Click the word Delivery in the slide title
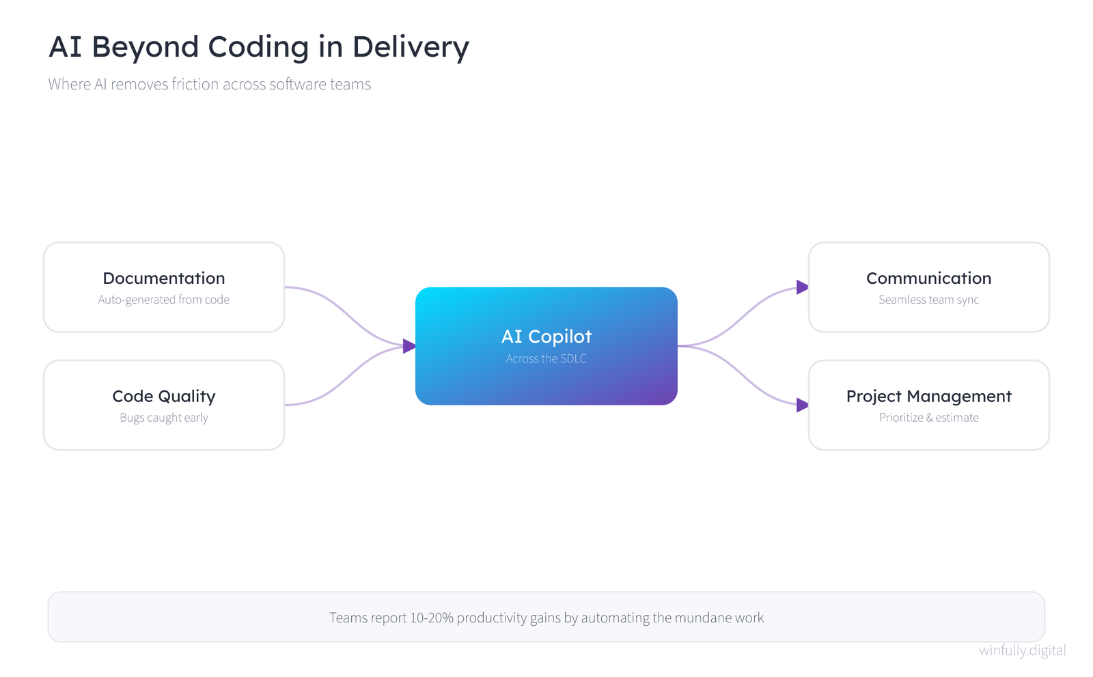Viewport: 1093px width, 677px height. [x=411, y=48]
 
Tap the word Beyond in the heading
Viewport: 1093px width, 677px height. [x=145, y=48]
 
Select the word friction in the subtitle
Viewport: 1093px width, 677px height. [x=195, y=84]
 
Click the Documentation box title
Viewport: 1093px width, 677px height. [x=164, y=278]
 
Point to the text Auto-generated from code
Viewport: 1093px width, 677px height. [x=164, y=300]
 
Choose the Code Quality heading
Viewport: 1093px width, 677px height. [x=164, y=397]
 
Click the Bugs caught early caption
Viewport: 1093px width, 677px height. [x=164, y=418]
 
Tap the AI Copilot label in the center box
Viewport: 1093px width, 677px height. [x=546, y=336]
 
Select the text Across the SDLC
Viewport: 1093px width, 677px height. [x=546, y=359]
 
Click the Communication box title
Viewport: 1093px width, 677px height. [x=928, y=278]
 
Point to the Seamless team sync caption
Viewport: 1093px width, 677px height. [x=928, y=300]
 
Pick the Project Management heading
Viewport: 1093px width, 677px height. [x=928, y=397]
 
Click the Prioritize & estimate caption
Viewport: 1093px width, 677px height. [x=928, y=418]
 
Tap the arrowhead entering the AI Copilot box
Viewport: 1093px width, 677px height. [x=409, y=346]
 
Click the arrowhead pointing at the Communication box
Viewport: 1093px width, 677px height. [x=802, y=287]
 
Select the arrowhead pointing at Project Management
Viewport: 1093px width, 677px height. [x=802, y=405]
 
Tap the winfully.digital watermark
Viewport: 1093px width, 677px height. [x=1022, y=650]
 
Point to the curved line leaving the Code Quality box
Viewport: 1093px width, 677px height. [x=344, y=376]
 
